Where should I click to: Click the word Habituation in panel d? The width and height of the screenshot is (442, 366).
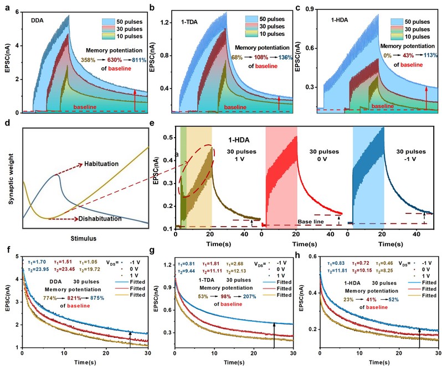click(102, 165)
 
